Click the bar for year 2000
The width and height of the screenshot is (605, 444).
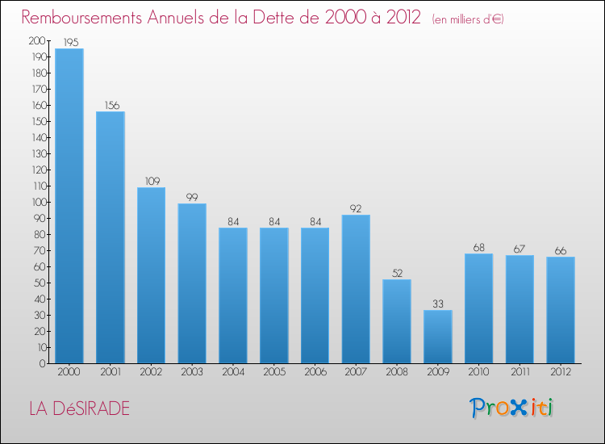(x=69, y=206)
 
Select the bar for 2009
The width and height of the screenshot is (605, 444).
(x=438, y=337)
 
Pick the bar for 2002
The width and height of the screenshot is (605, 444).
(x=151, y=275)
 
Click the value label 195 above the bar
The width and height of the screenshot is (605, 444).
(x=69, y=42)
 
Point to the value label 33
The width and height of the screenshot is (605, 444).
(x=438, y=304)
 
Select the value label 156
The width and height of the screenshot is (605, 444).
(x=111, y=105)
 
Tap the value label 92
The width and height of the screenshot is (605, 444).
(x=356, y=208)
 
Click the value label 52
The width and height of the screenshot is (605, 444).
(x=397, y=273)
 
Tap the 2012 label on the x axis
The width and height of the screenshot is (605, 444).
(x=561, y=373)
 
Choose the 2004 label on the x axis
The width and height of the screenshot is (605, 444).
(x=233, y=373)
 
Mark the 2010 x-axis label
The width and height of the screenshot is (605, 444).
(x=479, y=373)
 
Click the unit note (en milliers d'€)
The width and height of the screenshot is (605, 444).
(x=468, y=19)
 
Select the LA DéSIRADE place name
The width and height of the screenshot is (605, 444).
(x=78, y=408)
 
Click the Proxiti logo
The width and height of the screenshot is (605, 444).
(x=511, y=408)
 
